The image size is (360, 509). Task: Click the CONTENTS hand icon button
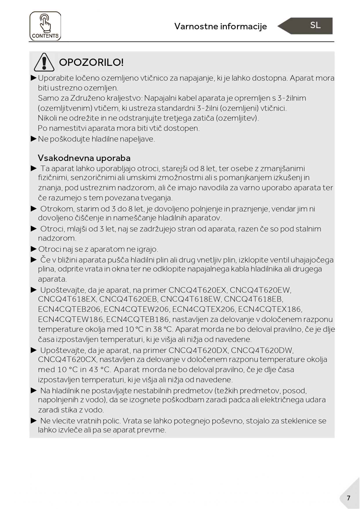45,26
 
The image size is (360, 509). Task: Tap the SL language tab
315,25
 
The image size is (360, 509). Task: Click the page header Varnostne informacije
220,26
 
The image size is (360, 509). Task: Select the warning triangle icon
44,62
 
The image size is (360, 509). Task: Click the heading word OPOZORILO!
91,62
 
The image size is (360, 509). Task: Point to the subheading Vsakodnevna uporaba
84,158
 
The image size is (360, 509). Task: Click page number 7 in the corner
348,498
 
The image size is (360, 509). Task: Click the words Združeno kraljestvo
106,98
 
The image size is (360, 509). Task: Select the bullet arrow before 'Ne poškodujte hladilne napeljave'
34,139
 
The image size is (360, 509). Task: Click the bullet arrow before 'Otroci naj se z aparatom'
34,249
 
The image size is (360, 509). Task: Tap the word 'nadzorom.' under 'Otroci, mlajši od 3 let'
57,238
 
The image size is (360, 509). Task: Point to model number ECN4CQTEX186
270,309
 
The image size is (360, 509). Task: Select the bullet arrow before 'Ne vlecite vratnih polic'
34,421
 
